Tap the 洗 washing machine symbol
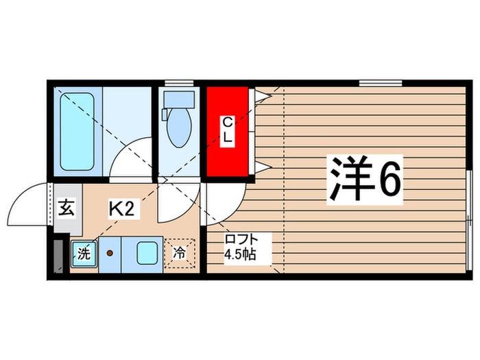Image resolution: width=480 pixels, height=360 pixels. coord(83,253)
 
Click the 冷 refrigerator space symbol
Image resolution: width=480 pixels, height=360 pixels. coord(179,253)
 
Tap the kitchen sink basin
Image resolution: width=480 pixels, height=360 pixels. coord(148,253)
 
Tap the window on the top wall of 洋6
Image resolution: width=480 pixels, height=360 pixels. coord(380,84)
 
